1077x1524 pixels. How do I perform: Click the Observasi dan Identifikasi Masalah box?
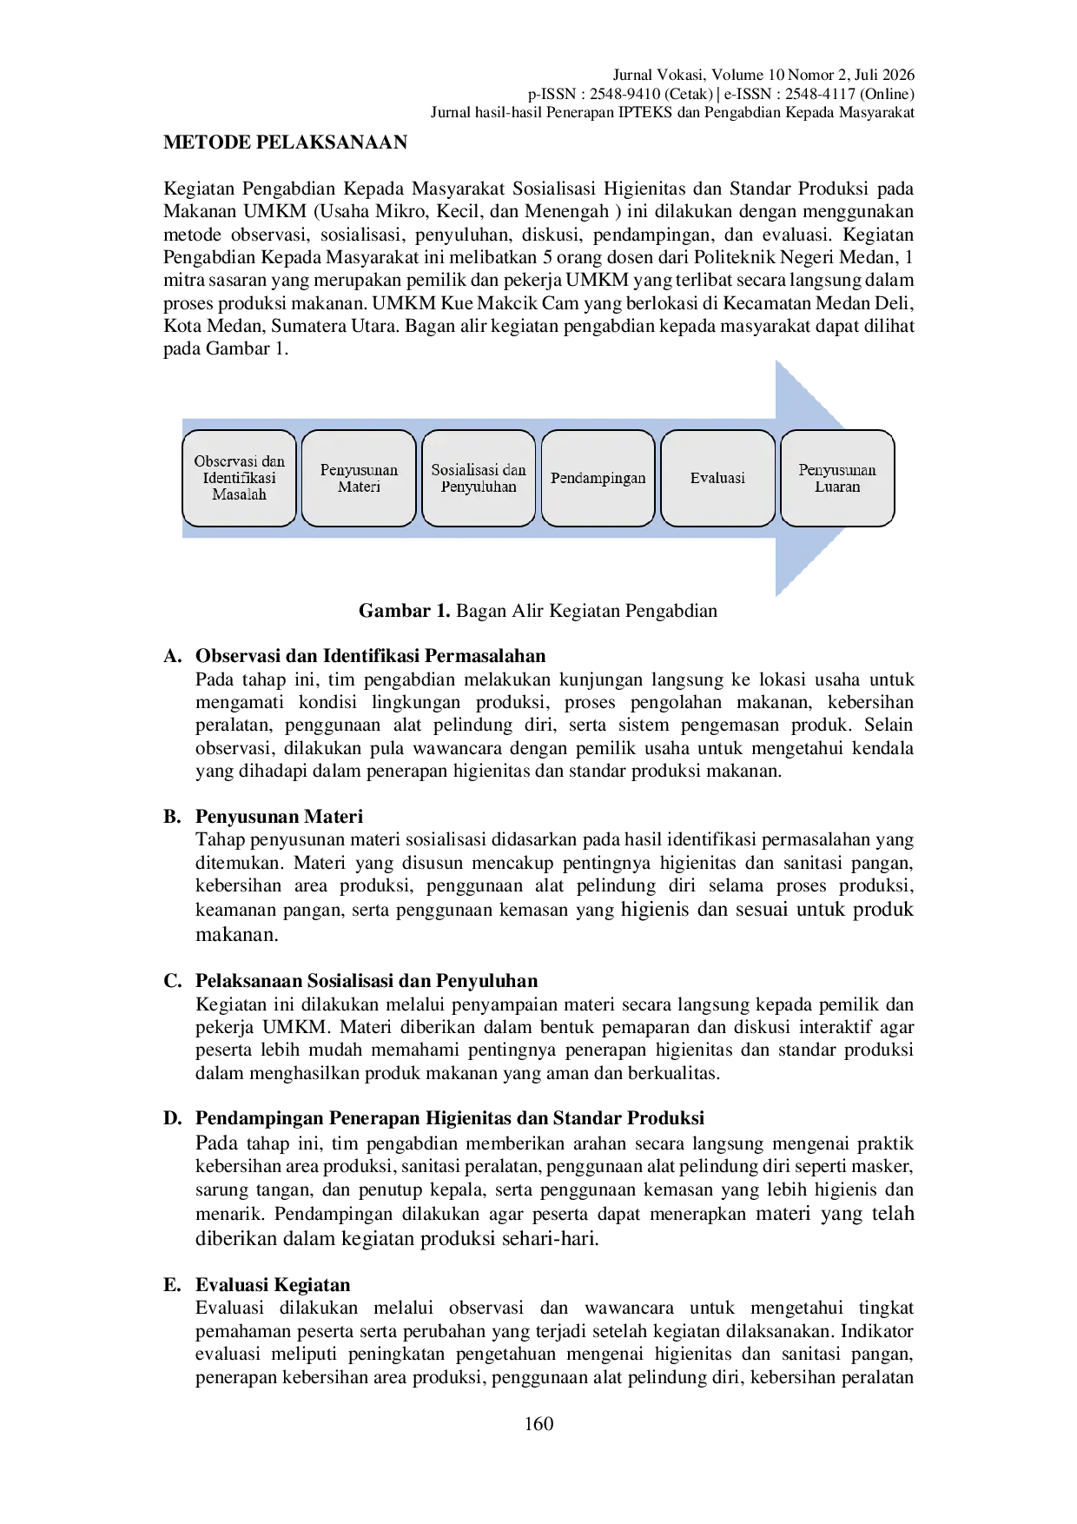(x=239, y=478)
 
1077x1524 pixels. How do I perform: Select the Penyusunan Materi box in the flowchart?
(x=359, y=478)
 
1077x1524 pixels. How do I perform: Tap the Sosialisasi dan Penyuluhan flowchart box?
(x=479, y=478)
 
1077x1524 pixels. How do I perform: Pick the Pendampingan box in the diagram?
(x=598, y=478)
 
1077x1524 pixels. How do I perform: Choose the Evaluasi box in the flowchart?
(x=717, y=478)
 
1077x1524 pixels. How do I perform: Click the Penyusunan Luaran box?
(x=837, y=478)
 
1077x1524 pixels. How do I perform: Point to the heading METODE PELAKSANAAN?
(x=285, y=142)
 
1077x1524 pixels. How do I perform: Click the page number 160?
(x=538, y=1423)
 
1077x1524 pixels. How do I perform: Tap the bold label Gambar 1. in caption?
(x=405, y=611)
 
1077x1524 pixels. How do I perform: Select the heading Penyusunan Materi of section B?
(x=279, y=817)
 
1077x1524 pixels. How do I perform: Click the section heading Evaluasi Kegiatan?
(x=273, y=1285)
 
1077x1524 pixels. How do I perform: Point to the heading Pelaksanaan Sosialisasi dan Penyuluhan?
(x=367, y=981)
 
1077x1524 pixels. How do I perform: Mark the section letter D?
(x=172, y=1118)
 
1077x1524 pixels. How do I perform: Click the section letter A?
(x=172, y=656)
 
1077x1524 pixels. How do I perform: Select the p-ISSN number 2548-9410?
(x=625, y=94)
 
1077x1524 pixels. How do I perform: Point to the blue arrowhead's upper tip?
(x=776, y=361)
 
